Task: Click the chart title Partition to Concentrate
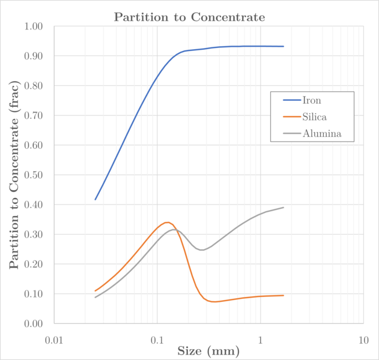coord(189,17)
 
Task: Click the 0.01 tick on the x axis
coord(54,340)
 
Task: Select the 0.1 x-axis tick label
coord(157,340)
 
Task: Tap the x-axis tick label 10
coord(363,340)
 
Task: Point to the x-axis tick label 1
coord(260,340)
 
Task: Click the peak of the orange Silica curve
coord(166,222)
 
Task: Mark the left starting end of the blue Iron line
coord(95,200)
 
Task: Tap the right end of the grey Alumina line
coord(283,208)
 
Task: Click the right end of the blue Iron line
coord(283,46)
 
